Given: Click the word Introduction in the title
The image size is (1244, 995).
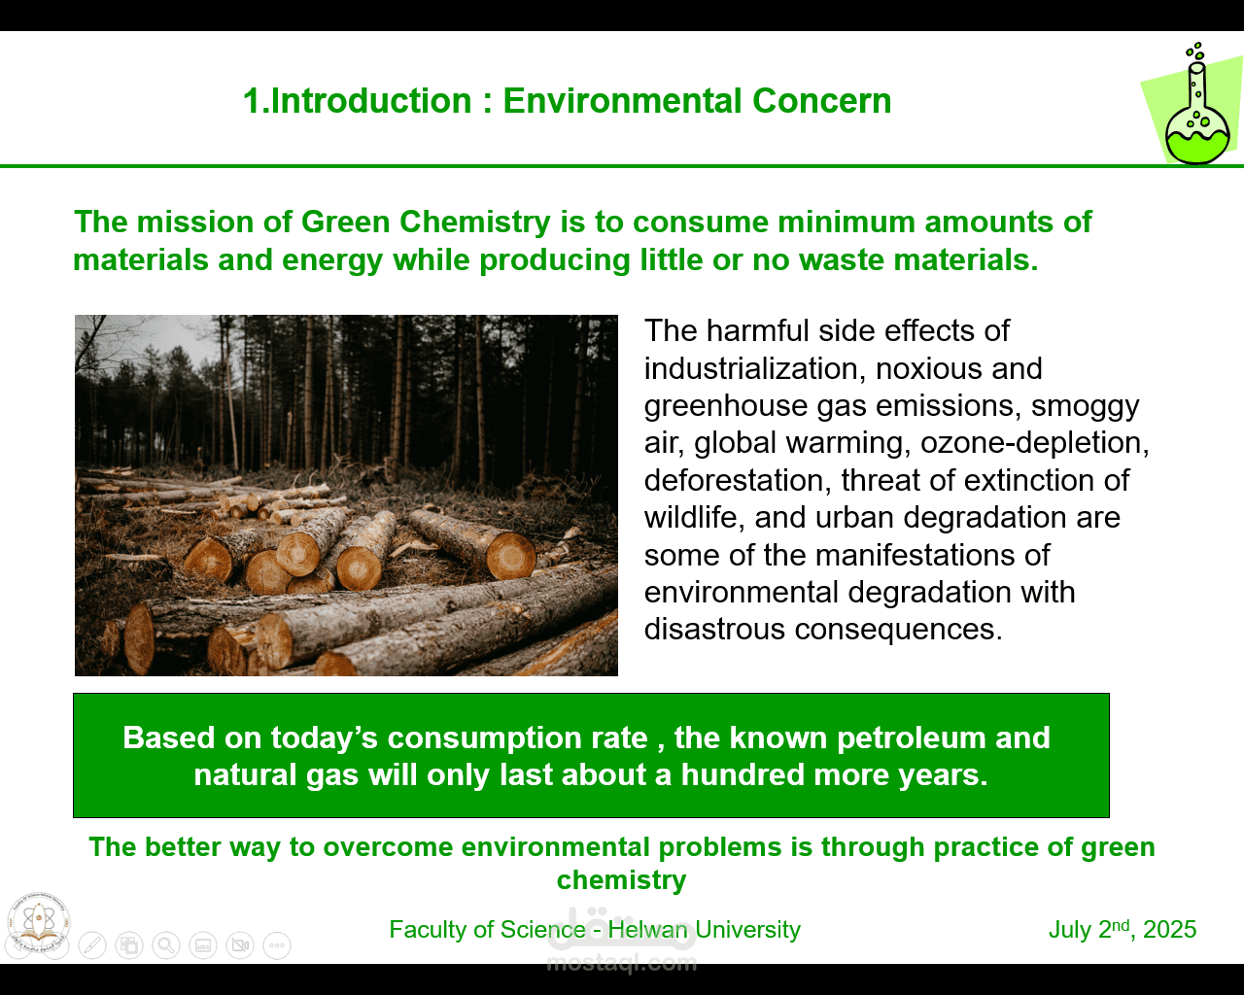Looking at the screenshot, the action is pyautogui.click(x=371, y=101).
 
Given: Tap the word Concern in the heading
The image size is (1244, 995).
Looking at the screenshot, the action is pyautogui.click(x=821, y=101).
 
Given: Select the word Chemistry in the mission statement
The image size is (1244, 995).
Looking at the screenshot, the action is pyautogui.click(x=474, y=223).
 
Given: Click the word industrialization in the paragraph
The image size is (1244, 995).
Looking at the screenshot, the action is pyautogui.click(x=755, y=369).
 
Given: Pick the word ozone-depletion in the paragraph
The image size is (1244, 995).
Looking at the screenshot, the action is pyautogui.click(x=1035, y=444).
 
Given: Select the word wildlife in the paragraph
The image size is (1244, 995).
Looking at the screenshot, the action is pyautogui.click(x=695, y=518).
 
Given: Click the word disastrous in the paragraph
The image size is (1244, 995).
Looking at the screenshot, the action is pyautogui.click(x=714, y=629).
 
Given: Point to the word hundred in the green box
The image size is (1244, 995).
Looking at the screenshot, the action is pyautogui.click(x=743, y=774).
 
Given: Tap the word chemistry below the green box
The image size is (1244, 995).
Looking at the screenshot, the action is pyautogui.click(x=621, y=880).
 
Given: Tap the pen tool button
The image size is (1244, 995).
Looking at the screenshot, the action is pyautogui.click(x=92, y=945).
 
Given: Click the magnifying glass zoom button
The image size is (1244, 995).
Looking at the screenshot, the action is pyautogui.click(x=166, y=945).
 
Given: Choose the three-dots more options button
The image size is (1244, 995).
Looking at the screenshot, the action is pyautogui.click(x=277, y=945).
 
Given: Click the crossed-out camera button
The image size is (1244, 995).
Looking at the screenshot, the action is pyautogui.click(x=240, y=945).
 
